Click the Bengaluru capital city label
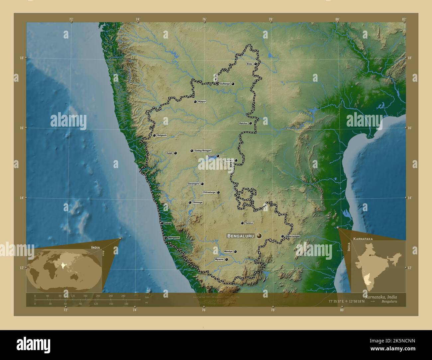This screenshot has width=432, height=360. (x=241, y=236)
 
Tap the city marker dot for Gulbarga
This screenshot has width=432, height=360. (x=233, y=84)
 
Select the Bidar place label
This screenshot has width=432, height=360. (x=250, y=64)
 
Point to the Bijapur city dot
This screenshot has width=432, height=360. (x=195, y=102)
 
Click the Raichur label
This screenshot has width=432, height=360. (x=243, y=123)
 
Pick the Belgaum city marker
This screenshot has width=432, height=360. (x=154, y=135)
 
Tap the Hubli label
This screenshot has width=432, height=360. (x=169, y=153)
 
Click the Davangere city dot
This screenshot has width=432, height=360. (x=202, y=184)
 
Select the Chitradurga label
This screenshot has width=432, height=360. (x=209, y=192)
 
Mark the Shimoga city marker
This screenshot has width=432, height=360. (x=190, y=202)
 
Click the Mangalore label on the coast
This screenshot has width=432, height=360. (x=174, y=238)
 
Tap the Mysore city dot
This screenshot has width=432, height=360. (x=227, y=260)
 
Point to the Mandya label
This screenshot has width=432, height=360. (x=228, y=252)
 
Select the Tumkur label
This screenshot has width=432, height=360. (x=249, y=223)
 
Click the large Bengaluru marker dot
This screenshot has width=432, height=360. (x=259, y=236)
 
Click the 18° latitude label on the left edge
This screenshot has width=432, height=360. (x=21, y=58)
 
